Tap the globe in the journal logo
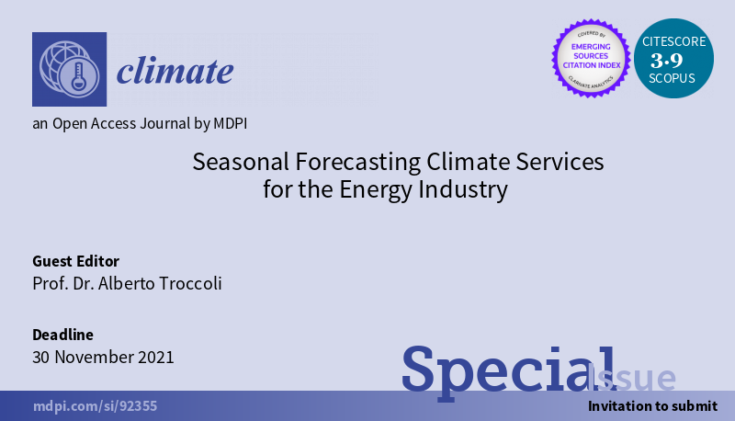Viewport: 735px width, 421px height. click(60, 63)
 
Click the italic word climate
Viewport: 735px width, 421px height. click(175, 71)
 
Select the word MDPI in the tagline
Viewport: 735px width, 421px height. click(231, 123)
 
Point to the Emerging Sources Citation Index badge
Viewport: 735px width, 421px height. click(591, 58)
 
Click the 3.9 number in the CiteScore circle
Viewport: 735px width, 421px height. click(667, 61)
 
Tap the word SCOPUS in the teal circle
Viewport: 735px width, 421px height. click(672, 78)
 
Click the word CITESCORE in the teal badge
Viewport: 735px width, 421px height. click(674, 41)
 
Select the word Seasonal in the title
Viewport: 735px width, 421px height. click(241, 162)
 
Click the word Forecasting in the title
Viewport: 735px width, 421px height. click(358, 163)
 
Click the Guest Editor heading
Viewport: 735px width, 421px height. click(76, 261)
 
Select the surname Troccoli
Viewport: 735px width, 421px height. click(190, 284)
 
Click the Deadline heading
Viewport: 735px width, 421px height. click(62, 335)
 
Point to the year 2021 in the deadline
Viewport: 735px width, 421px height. click(154, 358)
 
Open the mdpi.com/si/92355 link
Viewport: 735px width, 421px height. click(96, 406)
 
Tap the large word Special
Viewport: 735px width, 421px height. click(508, 370)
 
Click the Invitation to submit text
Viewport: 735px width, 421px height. click(652, 406)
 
